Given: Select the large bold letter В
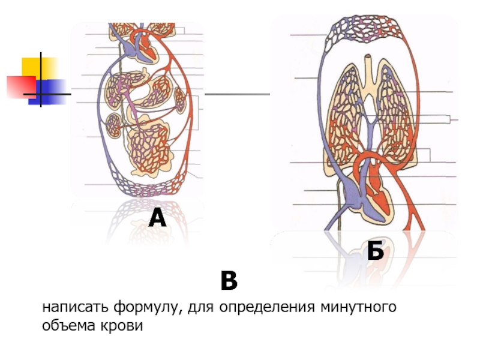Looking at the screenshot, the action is point(229,280).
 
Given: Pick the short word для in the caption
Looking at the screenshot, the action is point(200,308).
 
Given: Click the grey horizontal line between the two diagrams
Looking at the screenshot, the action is point(237,94).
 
